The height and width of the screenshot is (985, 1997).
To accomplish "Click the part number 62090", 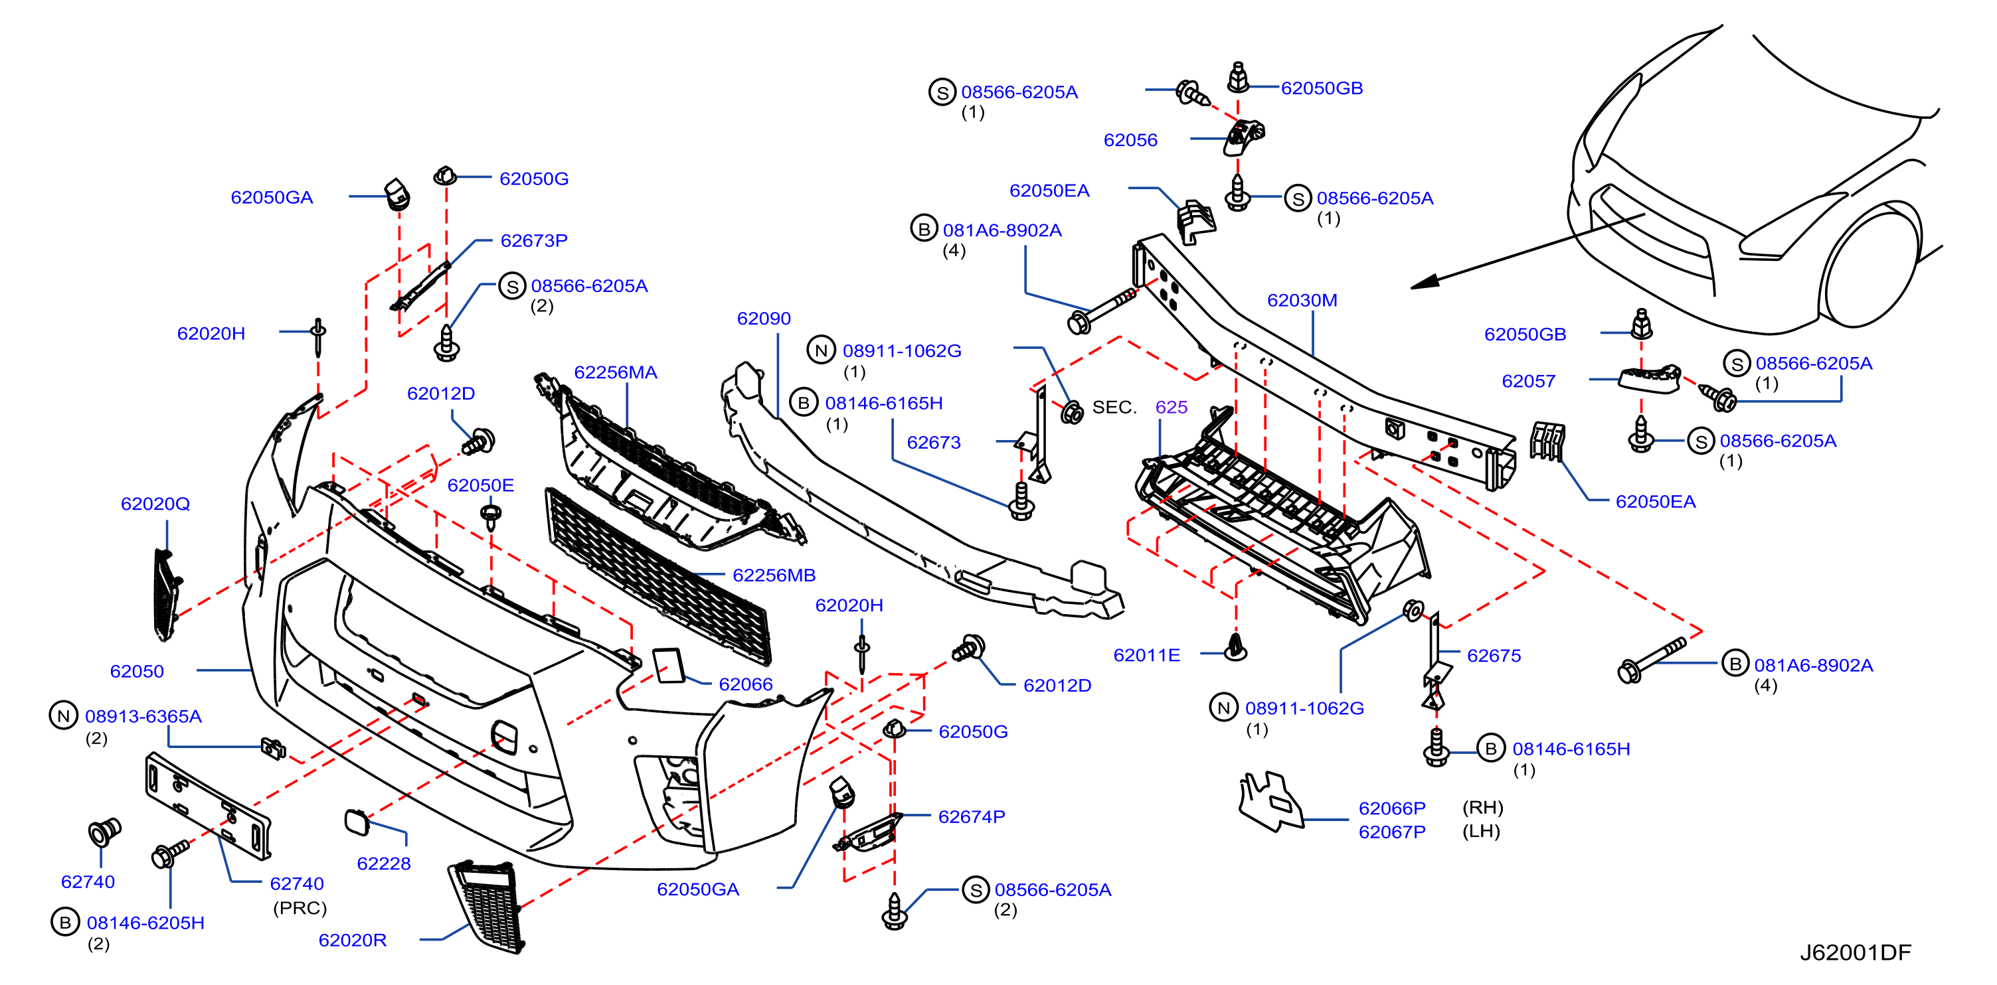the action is [x=764, y=319].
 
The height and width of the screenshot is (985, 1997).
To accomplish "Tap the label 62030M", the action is [x=1302, y=300].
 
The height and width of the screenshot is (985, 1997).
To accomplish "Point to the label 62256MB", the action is [x=774, y=575].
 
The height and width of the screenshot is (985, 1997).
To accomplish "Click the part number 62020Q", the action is [x=155, y=504].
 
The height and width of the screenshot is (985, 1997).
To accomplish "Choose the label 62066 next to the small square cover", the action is [x=746, y=684].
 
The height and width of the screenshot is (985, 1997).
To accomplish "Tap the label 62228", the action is [x=384, y=864].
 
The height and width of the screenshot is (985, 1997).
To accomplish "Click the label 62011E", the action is [x=1146, y=655].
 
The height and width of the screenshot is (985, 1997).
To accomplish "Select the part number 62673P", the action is [x=534, y=240].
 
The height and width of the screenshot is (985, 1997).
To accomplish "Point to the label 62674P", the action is [x=972, y=817].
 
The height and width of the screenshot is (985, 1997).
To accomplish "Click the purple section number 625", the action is [x=1172, y=407].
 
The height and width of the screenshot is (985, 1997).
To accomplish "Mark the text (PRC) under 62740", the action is [x=300, y=907].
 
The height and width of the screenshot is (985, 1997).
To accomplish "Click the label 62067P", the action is [x=1392, y=832].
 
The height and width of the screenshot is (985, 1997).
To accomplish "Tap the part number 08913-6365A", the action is [x=143, y=716].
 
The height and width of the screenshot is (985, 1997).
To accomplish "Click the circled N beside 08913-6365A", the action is [x=64, y=716].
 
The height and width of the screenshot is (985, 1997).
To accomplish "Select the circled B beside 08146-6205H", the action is [x=65, y=922].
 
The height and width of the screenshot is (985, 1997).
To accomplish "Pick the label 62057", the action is [x=1529, y=380].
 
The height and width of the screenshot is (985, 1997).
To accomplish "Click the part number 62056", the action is [x=1130, y=139].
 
